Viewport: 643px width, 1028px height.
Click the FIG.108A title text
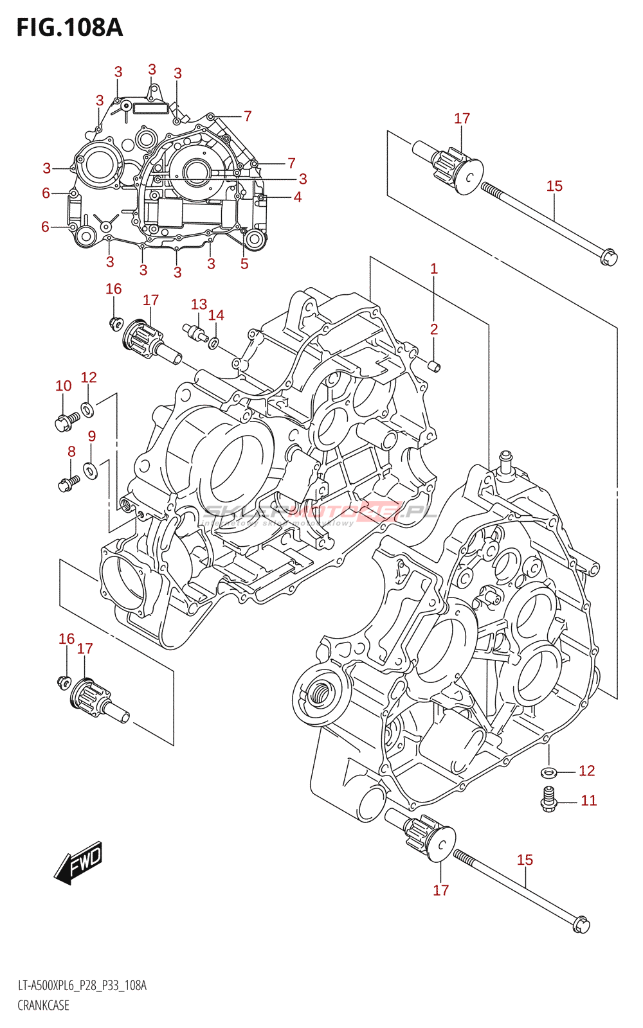point(69,28)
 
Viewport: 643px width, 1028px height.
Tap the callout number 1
point(434,269)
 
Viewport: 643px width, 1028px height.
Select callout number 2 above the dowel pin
point(434,329)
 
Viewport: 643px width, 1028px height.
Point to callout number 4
point(298,197)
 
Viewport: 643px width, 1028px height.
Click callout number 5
point(244,263)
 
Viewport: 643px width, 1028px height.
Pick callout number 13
point(199,304)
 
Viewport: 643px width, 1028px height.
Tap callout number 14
point(216,315)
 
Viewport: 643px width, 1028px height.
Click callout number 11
point(589,801)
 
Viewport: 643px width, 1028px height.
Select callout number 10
point(63,385)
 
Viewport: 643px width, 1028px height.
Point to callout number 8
point(71,452)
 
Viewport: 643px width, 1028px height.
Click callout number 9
point(92,436)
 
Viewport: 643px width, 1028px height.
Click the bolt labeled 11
point(548,799)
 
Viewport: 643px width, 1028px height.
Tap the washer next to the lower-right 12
point(548,771)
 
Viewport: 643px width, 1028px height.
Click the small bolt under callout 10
point(66,421)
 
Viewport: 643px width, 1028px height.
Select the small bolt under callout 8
point(68,483)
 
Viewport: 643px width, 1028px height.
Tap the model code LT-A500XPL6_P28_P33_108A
point(82,986)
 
